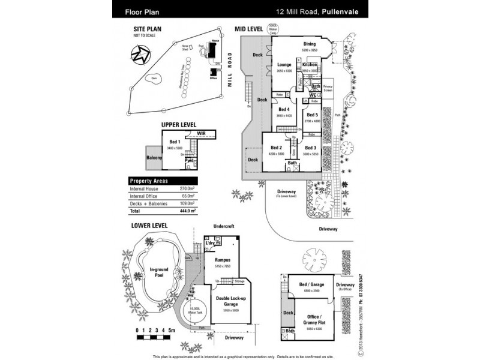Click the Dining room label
(309, 44)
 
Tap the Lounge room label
(284, 64)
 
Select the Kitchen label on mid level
(310, 64)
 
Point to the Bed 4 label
(284, 109)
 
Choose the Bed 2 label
(276, 147)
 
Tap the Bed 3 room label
(310, 147)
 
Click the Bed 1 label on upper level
(175, 141)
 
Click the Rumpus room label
(223, 260)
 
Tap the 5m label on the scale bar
(171, 331)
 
